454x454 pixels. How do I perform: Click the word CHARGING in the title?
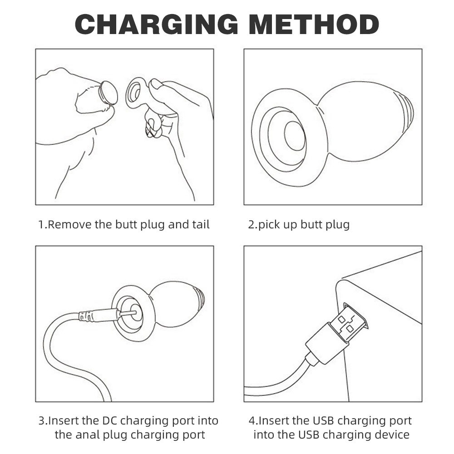pyautogui.click(x=156, y=24)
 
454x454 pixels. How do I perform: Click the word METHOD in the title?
pyautogui.click(x=314, y=24)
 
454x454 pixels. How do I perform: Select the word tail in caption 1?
pyautogui.click(x=201, y=224)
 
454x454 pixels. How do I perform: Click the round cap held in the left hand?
pyautogui.click(x=108, y=93)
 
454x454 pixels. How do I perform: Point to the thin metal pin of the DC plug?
pyautogui.click(x=127, y=314)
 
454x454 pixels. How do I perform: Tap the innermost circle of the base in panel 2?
pyautogui.click(x=295, y=136)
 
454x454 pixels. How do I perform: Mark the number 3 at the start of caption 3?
pyautogui.click(x=42, y=421)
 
